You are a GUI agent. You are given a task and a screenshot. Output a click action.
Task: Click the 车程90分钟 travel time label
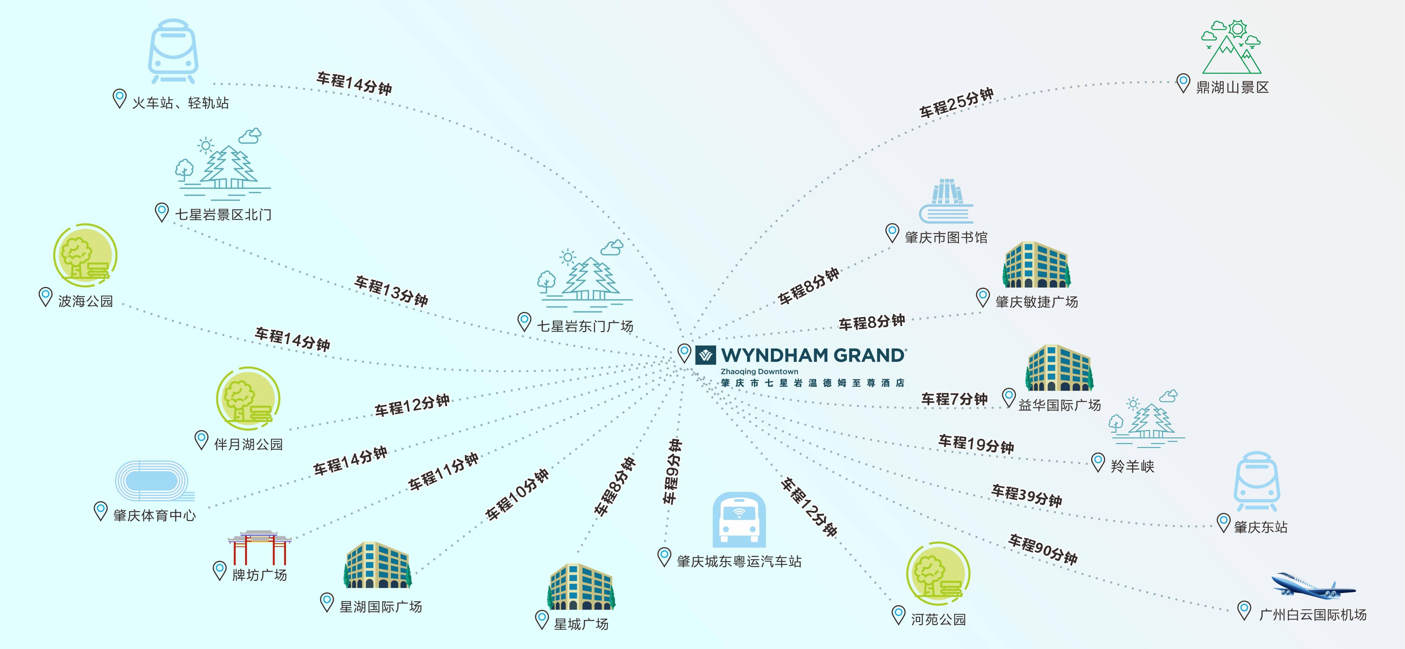pos(1042,549)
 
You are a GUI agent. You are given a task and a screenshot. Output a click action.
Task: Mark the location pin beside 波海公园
pos(45,297)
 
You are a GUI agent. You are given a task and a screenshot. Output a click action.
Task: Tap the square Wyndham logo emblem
pos(705,355)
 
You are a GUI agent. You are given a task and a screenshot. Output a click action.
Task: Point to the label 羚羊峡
pos(1132,466)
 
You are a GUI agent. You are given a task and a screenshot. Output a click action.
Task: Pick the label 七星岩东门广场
pos(585,326)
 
